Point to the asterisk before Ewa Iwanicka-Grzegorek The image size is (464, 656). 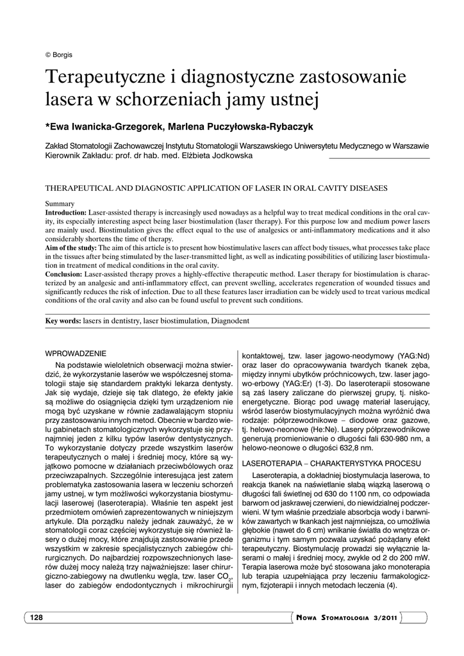coord(47,126)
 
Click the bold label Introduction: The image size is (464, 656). coord(65,211)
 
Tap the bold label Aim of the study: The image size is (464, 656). coord(70,247)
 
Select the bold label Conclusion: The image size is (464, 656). coord(64,274)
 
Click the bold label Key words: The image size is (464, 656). coord(63,320)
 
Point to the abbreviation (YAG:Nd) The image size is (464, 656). coord(413,355)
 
